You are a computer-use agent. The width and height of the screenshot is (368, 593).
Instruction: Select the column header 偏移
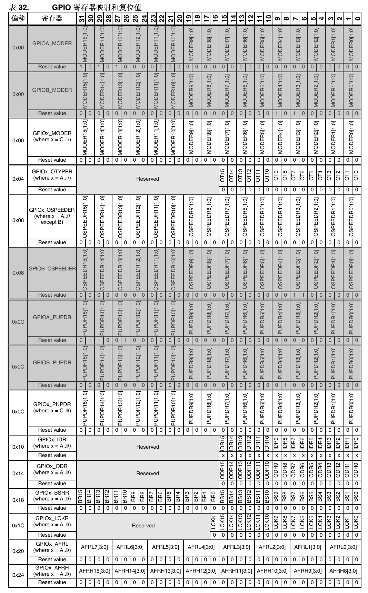click(18, 19)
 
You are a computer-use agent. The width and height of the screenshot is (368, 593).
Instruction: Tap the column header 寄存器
click(52, 19)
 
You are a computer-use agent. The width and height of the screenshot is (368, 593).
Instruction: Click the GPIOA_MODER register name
click(52, 44)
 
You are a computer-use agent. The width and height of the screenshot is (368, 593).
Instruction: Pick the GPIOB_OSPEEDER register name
click(52, 269)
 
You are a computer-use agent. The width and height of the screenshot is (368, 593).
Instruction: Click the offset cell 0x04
click(18, 179)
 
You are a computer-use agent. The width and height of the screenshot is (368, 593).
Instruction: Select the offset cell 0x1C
click(18, 526)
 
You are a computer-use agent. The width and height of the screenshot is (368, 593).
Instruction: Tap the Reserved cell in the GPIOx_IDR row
click(148, 447)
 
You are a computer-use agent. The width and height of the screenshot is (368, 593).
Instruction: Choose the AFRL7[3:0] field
click(94, 547)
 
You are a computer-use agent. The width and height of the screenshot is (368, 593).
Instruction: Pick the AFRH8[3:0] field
click(343, 571)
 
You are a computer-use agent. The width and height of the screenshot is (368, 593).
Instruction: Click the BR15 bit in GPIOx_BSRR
click(81, 496)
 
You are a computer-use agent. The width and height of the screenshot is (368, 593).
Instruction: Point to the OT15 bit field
click(223, 175)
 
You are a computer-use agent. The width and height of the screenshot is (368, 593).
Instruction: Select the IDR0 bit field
click(356, 443)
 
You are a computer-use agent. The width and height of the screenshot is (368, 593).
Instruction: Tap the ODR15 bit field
click(223, 470)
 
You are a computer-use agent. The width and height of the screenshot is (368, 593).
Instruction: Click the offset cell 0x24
click(18, 575)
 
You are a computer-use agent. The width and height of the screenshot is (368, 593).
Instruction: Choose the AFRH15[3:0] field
click(94, 571)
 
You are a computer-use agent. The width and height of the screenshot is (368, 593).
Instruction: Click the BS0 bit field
click(356, 496)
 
